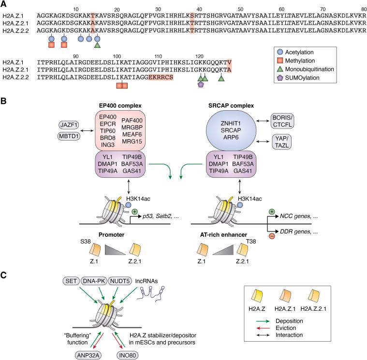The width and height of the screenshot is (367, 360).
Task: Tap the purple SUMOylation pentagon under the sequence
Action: click(x=201, y=85)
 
